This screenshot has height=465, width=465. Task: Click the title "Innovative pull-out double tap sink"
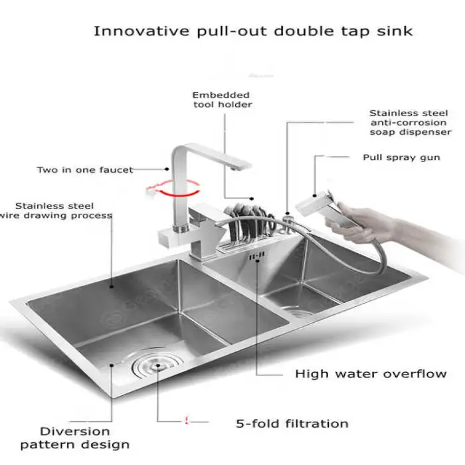253,31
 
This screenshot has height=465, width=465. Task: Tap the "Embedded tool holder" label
222,100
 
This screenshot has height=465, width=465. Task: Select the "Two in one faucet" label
85,170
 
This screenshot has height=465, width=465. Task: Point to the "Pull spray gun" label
401,157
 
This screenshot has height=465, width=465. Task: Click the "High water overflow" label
371,373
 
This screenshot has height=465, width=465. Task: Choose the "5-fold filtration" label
292,424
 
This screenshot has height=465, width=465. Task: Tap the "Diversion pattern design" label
75,438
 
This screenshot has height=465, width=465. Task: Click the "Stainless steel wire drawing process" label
56,211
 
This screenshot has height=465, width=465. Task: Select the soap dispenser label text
411,122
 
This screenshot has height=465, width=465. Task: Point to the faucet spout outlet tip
234,169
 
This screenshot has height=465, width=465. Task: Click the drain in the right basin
300,312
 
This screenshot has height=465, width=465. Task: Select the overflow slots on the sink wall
256,256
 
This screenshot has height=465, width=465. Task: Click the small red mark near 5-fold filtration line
186,420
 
